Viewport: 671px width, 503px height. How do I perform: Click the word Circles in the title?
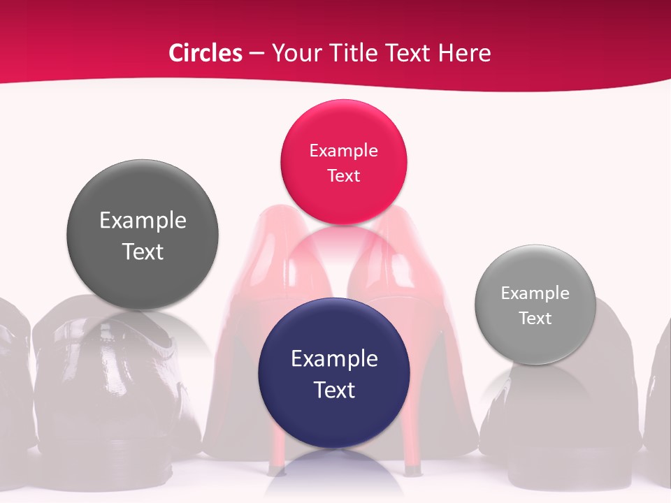coord(205,53)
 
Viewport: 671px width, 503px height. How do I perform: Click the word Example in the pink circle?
coord(343,150)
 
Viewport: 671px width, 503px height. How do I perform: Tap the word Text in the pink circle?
coord(343,175)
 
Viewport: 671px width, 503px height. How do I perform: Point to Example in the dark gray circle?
coord(143,221)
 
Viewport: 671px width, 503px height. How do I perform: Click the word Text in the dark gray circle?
coord(143,251)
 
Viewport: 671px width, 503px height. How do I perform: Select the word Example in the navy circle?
coord(334,359)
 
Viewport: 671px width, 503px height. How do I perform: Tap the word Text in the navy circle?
coord(334,390)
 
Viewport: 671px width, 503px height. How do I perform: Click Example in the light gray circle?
coord(535,293)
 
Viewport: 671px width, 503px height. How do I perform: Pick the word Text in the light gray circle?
coord(535,319)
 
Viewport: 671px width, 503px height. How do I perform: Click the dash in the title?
coord(257,54)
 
